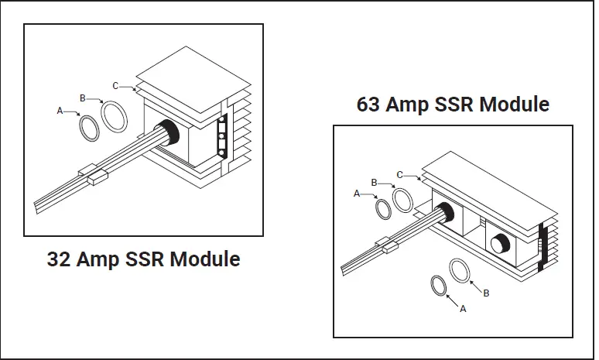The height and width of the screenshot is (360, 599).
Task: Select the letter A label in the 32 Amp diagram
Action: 60,111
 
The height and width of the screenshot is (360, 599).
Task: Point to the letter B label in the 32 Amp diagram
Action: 83,98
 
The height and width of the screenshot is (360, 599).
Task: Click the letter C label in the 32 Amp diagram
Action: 115,85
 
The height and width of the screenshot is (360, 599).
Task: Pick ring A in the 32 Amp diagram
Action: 90,129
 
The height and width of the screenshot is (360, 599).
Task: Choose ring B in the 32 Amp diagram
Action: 115,118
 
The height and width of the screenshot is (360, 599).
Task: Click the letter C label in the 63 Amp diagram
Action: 399,174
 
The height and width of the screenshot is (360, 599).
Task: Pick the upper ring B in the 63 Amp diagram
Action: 402,199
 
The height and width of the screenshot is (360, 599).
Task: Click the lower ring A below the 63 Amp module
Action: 439,284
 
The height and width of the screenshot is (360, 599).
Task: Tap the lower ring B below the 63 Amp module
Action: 460,272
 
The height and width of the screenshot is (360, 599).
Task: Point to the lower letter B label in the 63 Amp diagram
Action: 486,293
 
